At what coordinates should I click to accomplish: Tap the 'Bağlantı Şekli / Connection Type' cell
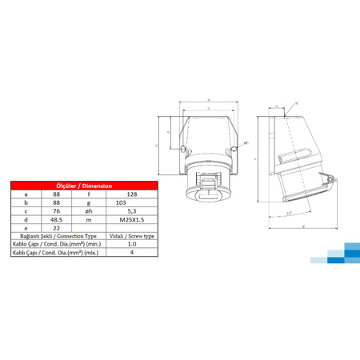54,237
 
